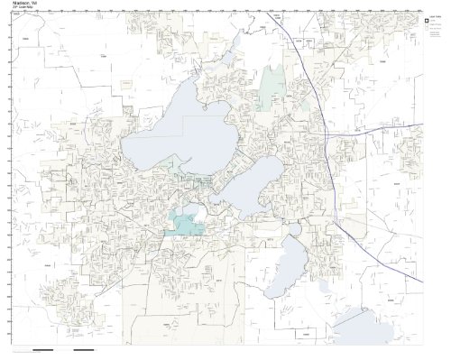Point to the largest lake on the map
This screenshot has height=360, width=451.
(x=171, y=135)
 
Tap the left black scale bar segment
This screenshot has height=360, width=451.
(x=41, y=349)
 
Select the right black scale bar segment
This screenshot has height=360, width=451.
(x=83, y=349)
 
